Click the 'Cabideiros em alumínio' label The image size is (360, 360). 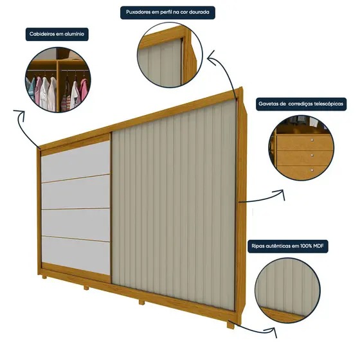[x=57, y=35]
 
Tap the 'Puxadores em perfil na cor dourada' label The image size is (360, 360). [x=168, y=12]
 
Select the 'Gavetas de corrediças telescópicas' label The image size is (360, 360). [x=301, y=104]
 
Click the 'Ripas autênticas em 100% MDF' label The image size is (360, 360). [x=288, y=246]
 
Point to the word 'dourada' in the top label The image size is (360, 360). [x=199, y=12]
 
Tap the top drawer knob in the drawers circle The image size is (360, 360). [x=312, y=139]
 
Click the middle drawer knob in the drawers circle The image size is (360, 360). [x=312, y=155]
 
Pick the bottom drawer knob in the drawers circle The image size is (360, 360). [x=312, y=170]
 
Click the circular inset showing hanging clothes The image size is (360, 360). [x=58, y=80]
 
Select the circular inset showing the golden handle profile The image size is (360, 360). [x=170, y=55]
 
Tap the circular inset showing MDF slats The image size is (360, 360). [x=288, y=290]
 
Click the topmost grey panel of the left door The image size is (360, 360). [x=76, y=161]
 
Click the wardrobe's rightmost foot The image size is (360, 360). [x=231, y=325]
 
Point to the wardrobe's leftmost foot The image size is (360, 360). [x=44, y=277]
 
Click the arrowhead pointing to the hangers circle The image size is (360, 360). [x=20, y=113]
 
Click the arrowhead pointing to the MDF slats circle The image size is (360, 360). [x=272, y=330]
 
